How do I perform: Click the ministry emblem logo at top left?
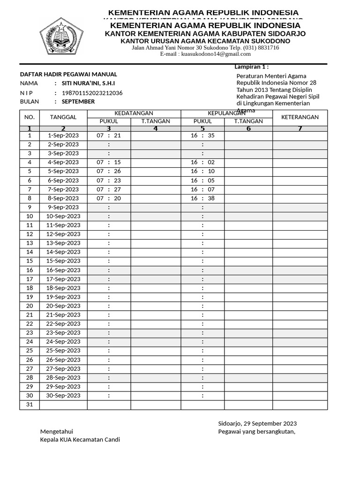tap(61, 35)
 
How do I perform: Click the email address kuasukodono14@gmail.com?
tap(205, 54)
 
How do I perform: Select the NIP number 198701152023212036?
tap(92, 93)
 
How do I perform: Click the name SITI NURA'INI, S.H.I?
tap(88, 83)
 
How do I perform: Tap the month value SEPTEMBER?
tap(78, 102)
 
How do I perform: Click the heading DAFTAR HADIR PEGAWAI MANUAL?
tap(68, 74)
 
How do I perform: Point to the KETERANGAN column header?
tap(300, 117)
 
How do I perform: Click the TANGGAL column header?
tap(63, 117)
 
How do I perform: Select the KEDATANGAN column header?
tap(134, 113)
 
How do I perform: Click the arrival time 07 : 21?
tap(109, 135)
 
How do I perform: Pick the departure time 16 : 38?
tap(202, 198)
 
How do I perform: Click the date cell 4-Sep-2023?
tap(63, 162)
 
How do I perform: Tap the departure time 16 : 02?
tap(202, 162)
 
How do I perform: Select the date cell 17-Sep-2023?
tap(63, 279)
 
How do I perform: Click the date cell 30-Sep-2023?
tap(63, 396)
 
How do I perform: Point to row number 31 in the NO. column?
tap(30, 405)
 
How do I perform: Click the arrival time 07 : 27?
tap(109, 189)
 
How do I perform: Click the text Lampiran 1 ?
tap(251, 67)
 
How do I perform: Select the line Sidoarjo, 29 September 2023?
tap(257, 423)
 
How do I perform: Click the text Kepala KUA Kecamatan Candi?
tap(80, 440)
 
